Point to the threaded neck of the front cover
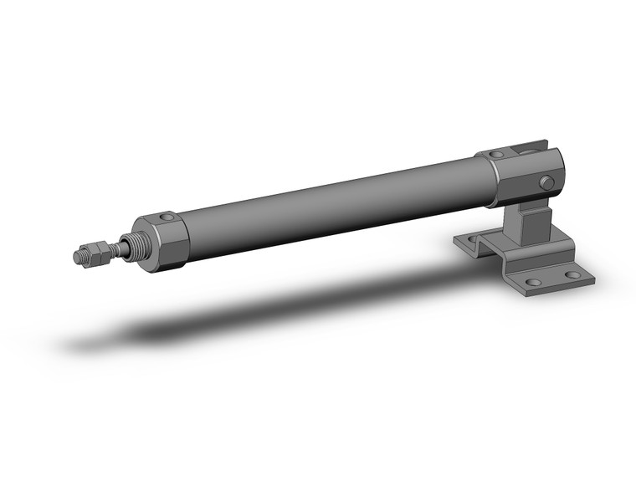[131, 245]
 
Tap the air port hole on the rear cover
[496, 155]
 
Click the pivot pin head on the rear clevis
[547, 182]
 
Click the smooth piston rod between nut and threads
[109, 249]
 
